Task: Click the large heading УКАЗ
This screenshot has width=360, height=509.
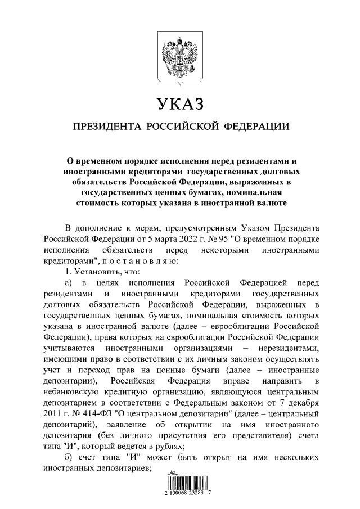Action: point(179,103)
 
